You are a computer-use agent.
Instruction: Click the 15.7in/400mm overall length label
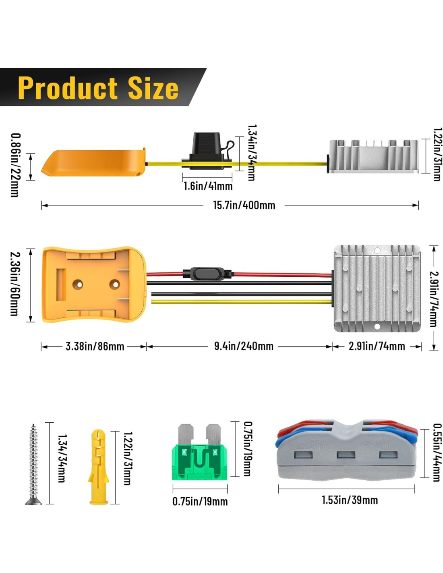pos(244,205)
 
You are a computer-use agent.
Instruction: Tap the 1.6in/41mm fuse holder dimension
pos(208,186)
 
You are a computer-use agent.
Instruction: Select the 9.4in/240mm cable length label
pos(244,346)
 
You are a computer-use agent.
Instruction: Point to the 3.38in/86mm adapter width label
pos(95,346)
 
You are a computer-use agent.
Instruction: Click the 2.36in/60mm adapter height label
pos(14,284)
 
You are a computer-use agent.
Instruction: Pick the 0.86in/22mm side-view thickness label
pos(15,165)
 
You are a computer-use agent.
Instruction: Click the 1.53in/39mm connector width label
pos(350,500)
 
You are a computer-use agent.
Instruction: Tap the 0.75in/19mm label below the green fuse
pos(200,502)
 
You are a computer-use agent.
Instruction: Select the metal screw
pos(33,463)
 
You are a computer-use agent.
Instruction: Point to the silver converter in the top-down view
pos(377,289)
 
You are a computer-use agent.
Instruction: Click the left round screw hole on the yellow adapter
pos(78,284)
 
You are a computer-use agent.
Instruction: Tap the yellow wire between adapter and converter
pos(242,301)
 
